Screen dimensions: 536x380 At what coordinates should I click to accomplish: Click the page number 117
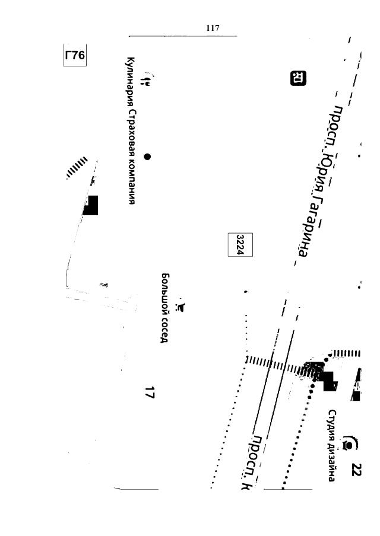pyautogui.click(x=213, y=28)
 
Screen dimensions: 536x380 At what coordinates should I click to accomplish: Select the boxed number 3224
pyautogui.click(x=240, y=244)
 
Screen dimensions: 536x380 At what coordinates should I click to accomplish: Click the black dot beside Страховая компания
pyautogui.click(x=147, y=157)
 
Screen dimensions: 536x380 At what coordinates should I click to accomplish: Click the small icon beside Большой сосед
pyautogui.click(x=182, y=307)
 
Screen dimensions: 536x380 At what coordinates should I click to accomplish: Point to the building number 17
pyautogui.click(x=150, y=392)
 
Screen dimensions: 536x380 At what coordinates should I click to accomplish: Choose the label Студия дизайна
pyautogui.click(x=333, y=445)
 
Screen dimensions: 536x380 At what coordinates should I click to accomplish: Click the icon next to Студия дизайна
pyautogui.click(x=350, y=442)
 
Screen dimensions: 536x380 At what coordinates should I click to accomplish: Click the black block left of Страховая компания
pyautogui.click(x=91, y=205)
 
